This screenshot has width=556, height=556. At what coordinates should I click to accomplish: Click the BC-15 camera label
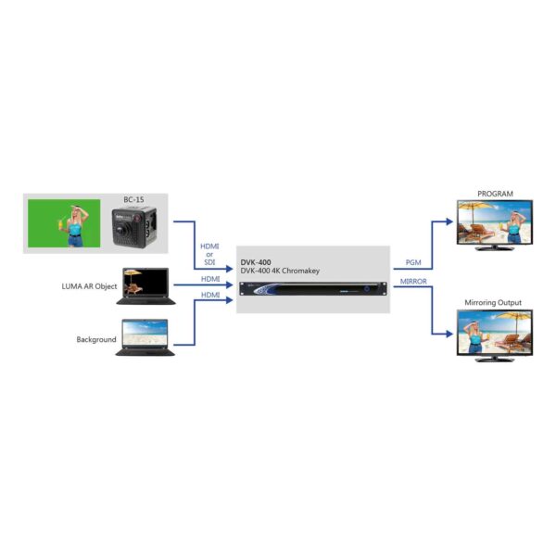tap(133, 199)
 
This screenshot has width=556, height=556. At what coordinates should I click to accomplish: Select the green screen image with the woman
tap(64, 223)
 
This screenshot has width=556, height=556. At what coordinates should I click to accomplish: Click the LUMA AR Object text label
tap(89, 286)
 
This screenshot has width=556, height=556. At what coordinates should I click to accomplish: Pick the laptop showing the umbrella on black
tap(145, 286)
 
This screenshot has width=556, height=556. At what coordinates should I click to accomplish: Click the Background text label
tap(96, 339)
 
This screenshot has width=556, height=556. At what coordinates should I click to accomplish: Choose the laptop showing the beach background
tap(145, 337)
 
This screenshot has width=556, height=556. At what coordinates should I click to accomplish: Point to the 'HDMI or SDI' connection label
tap(209, 254)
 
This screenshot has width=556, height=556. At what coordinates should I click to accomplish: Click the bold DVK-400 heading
tap(256, 262)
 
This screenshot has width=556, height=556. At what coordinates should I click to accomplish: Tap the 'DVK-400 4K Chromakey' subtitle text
tap(280, 271)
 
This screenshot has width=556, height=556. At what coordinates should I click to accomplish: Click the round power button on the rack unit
tap(367, 289)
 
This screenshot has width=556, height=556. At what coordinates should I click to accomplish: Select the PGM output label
tap(413, 262)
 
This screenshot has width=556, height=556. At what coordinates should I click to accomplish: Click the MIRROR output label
tap(413, 281)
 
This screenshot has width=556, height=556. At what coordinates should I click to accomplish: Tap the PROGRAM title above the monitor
tap(495, 194)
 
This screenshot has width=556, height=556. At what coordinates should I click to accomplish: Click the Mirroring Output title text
tap(493, 303)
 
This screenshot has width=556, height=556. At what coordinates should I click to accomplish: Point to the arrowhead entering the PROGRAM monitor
tap(449, 221)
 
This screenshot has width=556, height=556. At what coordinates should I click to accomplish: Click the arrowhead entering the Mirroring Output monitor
tap(449, 334)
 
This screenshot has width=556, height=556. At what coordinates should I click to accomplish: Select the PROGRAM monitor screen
tap(495, 222)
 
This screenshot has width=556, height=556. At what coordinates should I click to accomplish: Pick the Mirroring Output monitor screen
tap(495, 333)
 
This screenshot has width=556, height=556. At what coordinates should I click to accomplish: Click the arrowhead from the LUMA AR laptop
tap(229, 284)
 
